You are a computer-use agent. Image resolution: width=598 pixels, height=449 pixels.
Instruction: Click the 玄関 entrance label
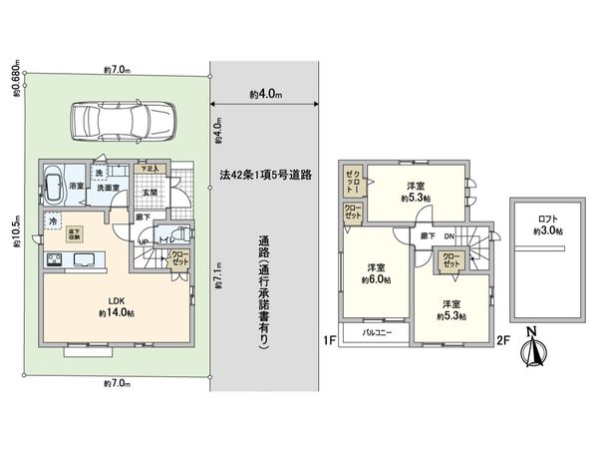(149, 193)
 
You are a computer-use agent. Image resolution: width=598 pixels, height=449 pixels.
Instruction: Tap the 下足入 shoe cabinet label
(148, 169)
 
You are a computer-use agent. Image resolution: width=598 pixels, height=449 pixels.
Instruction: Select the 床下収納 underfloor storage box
(74, 234)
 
